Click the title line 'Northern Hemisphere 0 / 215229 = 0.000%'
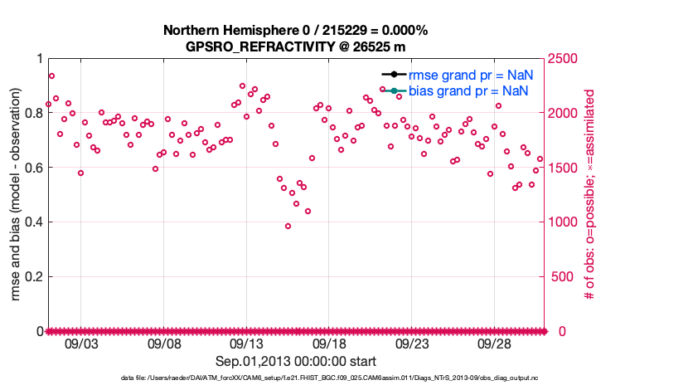point(295,31)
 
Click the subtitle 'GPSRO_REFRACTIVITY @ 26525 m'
point(295,46)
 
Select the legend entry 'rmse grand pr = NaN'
point(470,75)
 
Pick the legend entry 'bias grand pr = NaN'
point(469,90)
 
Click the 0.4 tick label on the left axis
point(35,222)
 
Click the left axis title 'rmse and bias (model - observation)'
point(17,194)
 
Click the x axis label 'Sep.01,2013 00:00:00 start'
point(296,361)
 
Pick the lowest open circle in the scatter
point(288,226)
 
